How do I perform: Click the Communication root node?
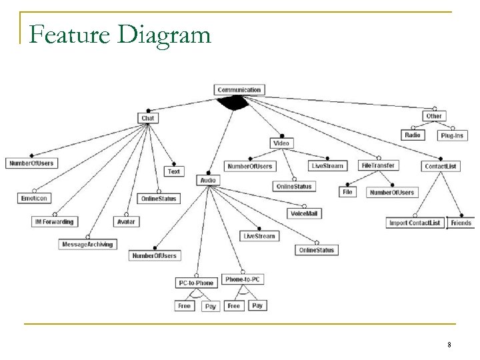239,90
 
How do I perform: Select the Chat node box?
148,118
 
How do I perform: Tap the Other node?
433,116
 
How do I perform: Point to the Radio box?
413,135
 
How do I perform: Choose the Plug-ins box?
451,135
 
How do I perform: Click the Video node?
281,143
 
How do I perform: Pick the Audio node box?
208,180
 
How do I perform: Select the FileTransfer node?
377,165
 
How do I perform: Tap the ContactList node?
441,166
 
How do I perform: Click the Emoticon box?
35,197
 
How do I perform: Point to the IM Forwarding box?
53,221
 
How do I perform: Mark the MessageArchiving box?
87,244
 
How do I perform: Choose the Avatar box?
126,221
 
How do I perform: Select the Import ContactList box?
415,223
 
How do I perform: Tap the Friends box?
460,223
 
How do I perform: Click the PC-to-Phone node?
196,283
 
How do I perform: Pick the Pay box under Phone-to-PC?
257,305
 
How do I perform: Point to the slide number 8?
449,345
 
